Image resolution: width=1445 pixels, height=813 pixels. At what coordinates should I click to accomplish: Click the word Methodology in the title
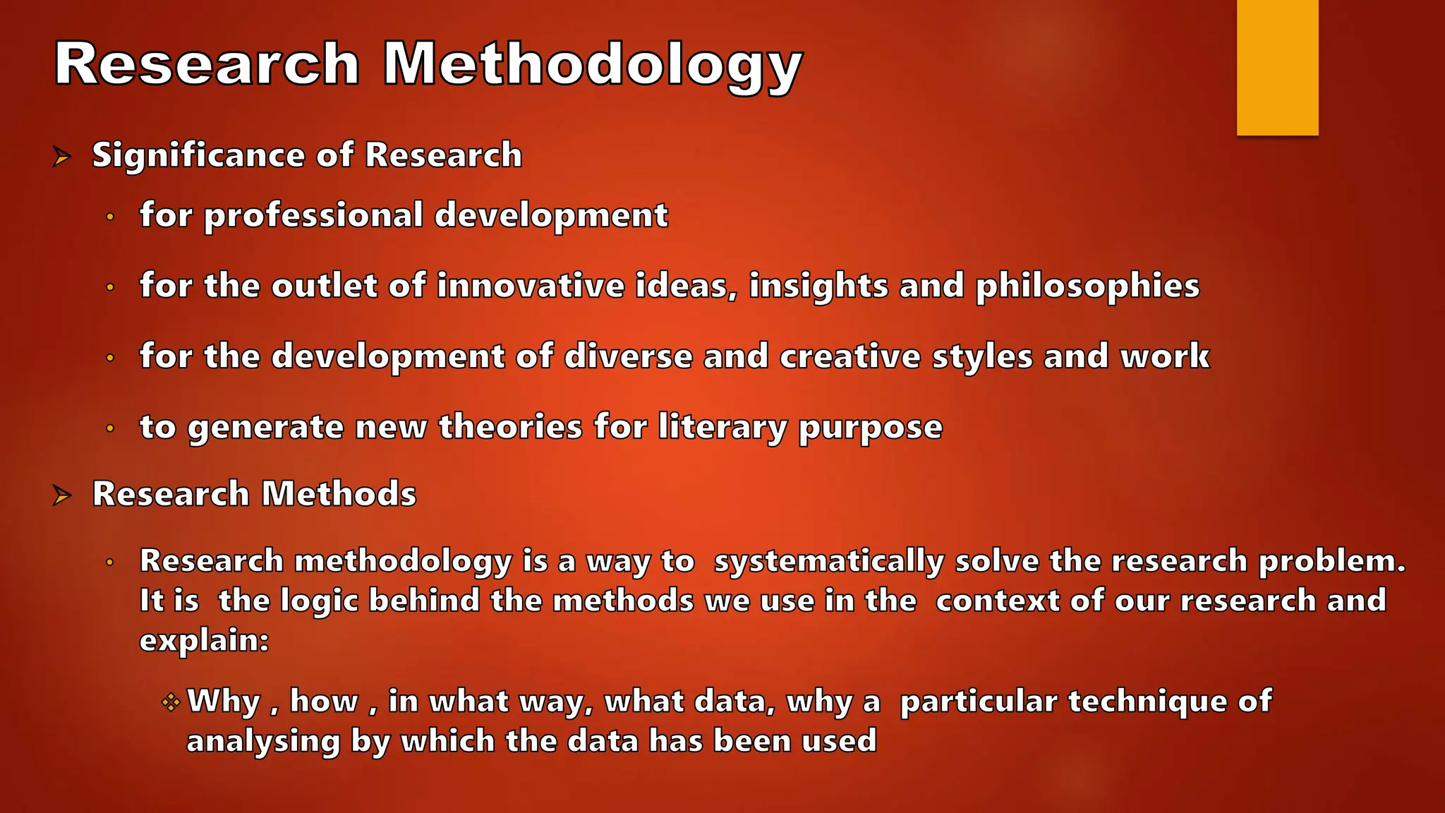coord(592,65)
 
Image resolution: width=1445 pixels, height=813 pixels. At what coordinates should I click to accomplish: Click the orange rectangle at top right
coord(1277,67)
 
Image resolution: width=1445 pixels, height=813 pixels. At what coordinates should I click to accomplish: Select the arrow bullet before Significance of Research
coord(62,157)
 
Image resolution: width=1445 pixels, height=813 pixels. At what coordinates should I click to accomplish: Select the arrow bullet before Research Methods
coord(62,495)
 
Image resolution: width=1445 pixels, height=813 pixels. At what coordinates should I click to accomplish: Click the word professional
coord(313,215)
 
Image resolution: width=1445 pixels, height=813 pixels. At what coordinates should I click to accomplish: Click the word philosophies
coord(1087,287)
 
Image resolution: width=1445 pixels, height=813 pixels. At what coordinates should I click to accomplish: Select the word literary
coord(722,428)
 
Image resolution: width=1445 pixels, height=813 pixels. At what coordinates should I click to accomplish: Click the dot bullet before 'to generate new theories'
coord(110,428)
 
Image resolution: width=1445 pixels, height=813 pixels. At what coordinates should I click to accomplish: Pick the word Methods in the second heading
coord(339,493)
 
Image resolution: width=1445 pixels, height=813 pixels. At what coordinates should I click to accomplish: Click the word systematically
coord(828,561)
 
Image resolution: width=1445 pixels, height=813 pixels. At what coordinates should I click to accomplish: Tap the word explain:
coord(204,641)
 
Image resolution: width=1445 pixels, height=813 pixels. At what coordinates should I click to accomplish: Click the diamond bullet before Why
coord(171,702)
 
